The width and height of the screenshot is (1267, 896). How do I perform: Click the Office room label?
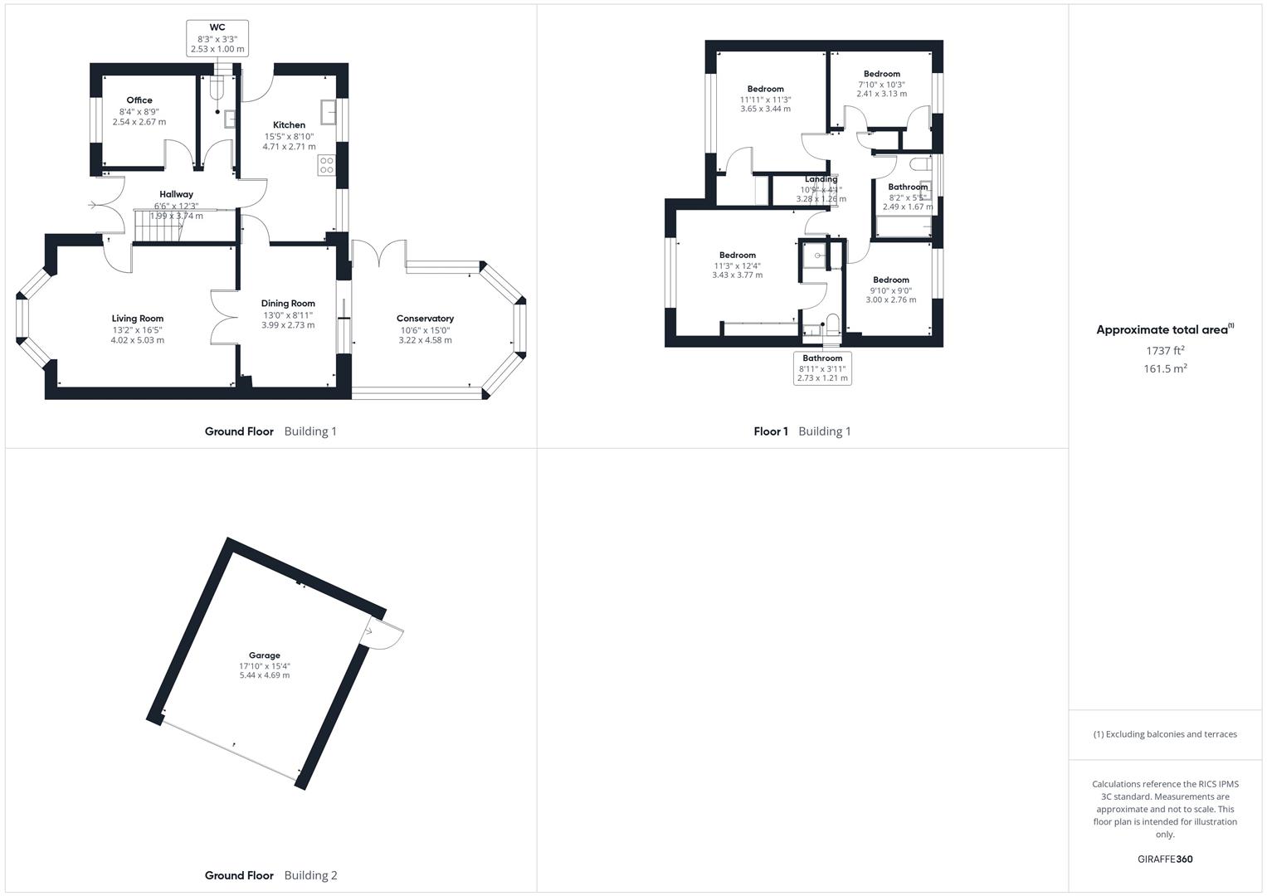(139, 100)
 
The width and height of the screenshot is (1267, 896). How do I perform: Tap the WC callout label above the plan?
(217, 28)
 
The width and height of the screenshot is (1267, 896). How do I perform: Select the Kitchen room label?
(289, 125)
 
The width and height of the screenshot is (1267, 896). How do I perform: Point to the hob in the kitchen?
(326, 165)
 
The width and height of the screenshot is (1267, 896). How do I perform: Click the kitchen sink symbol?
(328, 111)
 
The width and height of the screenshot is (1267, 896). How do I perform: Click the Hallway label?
(176, 194)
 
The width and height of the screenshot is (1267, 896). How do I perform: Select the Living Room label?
(138, 319)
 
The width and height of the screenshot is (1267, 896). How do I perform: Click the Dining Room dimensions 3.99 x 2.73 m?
(288, 325)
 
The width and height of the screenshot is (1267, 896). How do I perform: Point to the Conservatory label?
(425, 319)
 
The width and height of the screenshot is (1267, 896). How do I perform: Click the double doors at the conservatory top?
(379, 253)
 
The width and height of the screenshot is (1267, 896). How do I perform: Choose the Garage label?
(265, 655)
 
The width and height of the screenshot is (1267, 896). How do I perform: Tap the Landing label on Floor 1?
(821, 179)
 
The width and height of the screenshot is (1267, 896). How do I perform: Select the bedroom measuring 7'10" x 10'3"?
(881, 84)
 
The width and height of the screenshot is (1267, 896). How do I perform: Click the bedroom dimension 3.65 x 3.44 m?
(765, 109)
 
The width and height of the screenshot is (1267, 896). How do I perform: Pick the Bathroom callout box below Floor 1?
(822, 368)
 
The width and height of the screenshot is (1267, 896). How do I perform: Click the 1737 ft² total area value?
(1165, 350)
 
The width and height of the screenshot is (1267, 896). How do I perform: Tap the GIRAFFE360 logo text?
(1165, 859)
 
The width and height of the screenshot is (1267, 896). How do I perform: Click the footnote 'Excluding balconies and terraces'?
(1165, 734)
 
